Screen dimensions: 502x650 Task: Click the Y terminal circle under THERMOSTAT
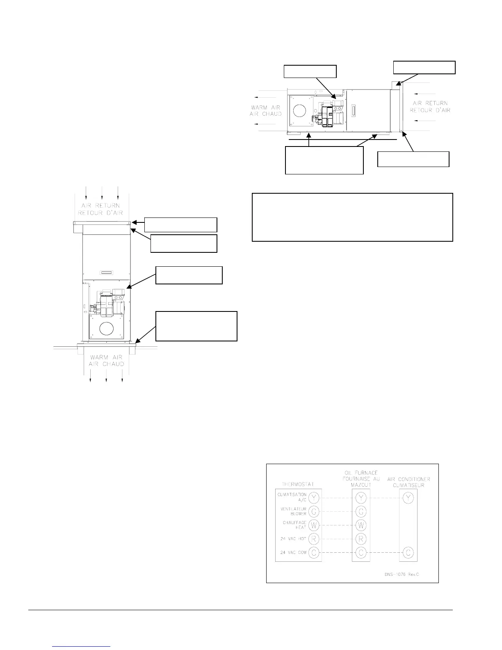[314, 498]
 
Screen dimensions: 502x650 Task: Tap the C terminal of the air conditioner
[408, 552]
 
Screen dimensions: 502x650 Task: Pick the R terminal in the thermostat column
[314, 539]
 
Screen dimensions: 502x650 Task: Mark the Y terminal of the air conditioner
[408, 498]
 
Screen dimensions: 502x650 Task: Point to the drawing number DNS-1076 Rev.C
[399, 574]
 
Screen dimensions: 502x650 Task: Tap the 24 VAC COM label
[293, 553]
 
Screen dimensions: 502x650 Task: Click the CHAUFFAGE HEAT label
[294, 525]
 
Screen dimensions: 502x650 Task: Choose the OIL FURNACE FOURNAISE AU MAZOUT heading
[361, 479]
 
